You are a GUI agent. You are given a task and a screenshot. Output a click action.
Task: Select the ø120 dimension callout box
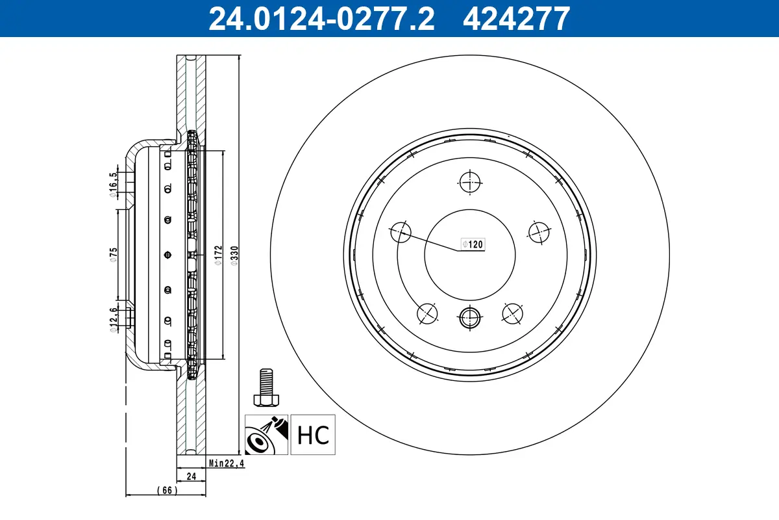pos(473,244)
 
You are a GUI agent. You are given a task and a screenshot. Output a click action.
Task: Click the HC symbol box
pos(313,434)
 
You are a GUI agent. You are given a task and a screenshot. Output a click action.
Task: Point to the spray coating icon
pos(266,434)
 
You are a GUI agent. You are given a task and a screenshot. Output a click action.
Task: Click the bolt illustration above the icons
pos(266,387)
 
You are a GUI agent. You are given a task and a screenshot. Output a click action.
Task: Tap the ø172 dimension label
pos(218,255)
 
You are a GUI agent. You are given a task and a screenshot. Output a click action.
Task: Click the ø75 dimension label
pos(113,254)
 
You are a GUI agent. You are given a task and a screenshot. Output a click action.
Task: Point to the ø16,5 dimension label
pos(113,183)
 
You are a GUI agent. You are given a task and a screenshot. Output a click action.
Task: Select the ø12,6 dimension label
pos(113,319)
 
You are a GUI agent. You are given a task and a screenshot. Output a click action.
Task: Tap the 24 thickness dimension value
pos(192,476)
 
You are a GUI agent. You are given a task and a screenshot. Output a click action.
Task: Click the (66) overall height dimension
pos(166,490)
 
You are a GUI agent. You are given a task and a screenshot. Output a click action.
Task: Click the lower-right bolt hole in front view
pos(513,313)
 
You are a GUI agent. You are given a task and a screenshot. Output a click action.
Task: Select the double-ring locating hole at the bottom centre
pos(469,318)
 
